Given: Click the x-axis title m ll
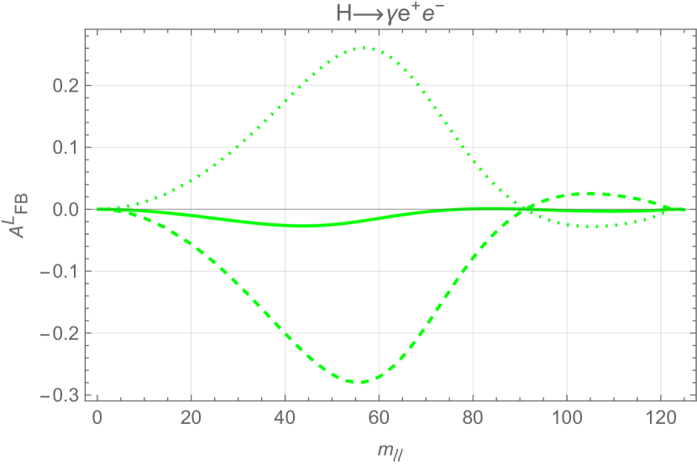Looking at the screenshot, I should pos(389,453).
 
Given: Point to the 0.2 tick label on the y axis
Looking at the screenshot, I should pos(65,86).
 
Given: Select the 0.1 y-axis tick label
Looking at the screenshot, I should pos(65,148).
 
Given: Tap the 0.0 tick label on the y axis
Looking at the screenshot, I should pos(65,210).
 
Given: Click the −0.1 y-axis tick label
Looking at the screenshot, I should pos(60,272).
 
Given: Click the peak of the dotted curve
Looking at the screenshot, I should pos(366,48).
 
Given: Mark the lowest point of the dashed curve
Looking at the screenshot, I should pos(361,383).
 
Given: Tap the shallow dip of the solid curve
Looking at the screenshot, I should pos(302,226).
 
